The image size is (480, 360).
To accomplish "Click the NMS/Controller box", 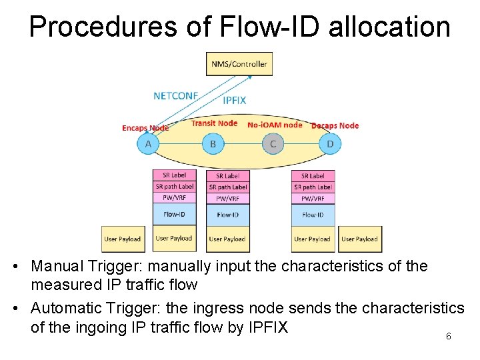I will pos(239,64).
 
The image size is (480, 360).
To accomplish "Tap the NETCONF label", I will pos(176,95).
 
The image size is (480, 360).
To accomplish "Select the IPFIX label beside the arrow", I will pos(234,101).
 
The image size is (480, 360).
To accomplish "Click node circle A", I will pos(148,143).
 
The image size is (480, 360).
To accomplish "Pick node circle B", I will pos(213,143).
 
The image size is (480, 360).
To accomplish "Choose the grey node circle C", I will pos(273,143).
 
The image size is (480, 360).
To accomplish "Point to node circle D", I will pos(330,143).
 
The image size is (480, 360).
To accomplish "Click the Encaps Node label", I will pos(145,128).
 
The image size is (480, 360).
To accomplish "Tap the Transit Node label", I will pos(214,123).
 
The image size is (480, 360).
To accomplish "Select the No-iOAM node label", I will pos(275,125).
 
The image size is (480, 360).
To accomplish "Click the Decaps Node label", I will pos(335,125).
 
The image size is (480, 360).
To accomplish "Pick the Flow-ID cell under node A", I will pos(174,215).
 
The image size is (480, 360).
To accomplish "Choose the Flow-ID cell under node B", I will pos(228,215).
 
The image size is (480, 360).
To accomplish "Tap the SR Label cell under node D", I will pos(313,176).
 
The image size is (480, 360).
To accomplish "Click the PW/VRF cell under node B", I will pos(228,199).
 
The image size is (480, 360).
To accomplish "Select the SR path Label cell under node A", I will pos(174,187).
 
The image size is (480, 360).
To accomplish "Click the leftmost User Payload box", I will pos(123,239).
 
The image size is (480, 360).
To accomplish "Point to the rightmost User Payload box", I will pos(359,239).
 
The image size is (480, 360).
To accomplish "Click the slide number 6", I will pos(449,337).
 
